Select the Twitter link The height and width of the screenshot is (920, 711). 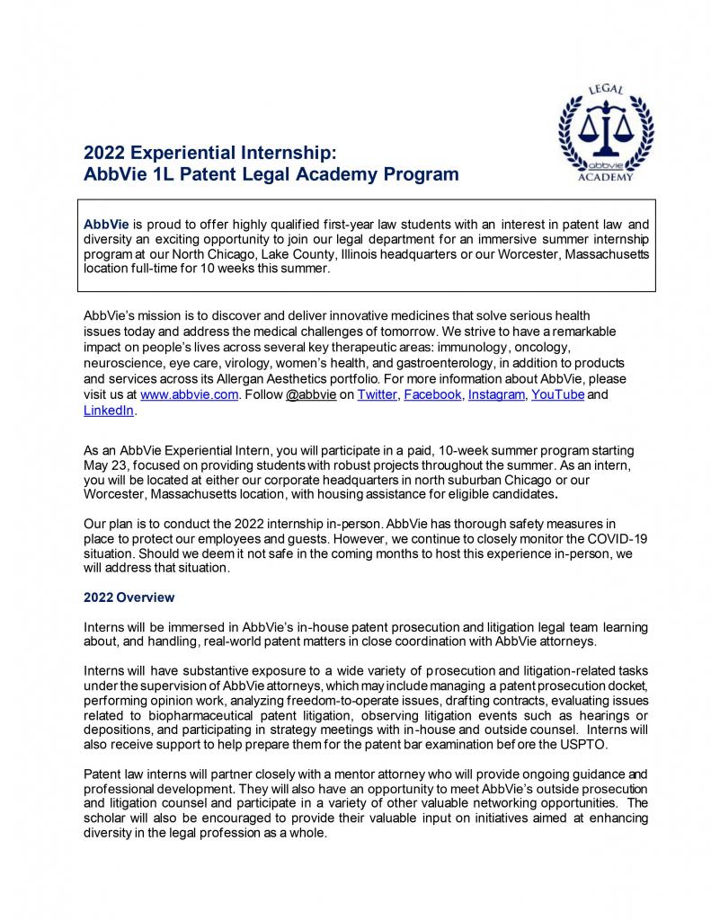click(x=375, y=394)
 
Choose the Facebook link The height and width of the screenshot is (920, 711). click(x=432, y=394)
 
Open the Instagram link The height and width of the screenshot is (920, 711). click(x=496, y=394)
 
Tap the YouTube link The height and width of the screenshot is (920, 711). click(x=557, y=394)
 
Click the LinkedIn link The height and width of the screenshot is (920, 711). click(x=108, y=410)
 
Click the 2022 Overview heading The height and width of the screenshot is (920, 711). click(x=129, y=597)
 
